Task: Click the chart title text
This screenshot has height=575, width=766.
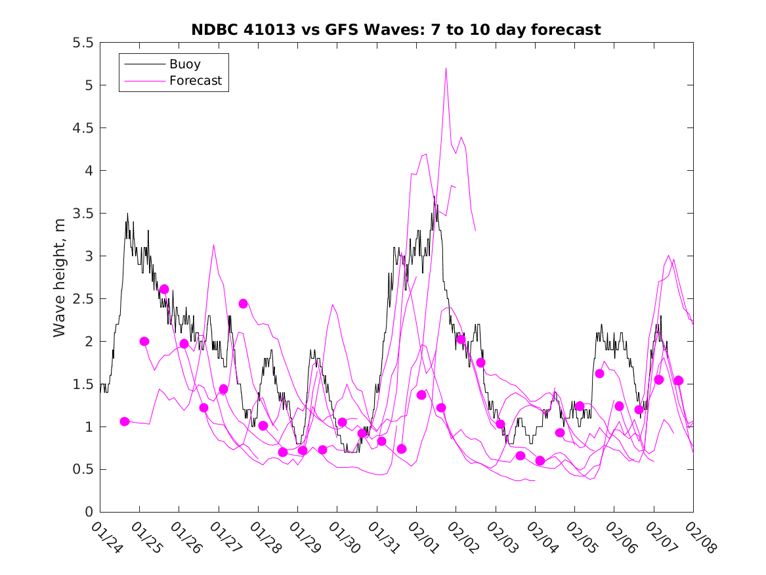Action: coord(396,30)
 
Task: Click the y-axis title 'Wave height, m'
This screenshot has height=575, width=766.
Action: coord(60,277)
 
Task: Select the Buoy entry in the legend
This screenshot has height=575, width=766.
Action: coord(184,64)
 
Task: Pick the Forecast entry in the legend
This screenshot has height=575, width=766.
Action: coord(195,81)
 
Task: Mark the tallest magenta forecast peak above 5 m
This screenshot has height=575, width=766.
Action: coord(446,68)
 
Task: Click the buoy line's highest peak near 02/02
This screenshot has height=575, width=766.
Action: coord(435,196)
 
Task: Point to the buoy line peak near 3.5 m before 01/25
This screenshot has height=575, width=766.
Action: coord(127,214)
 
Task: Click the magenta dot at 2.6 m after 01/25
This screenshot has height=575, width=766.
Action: coord(164,289)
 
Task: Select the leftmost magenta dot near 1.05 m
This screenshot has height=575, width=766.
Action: coord(125,421)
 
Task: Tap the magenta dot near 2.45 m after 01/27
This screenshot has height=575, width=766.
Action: coord(243,304)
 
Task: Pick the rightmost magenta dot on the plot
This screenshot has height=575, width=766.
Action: coord(679,380)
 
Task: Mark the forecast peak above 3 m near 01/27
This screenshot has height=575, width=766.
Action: coord(213,245)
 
